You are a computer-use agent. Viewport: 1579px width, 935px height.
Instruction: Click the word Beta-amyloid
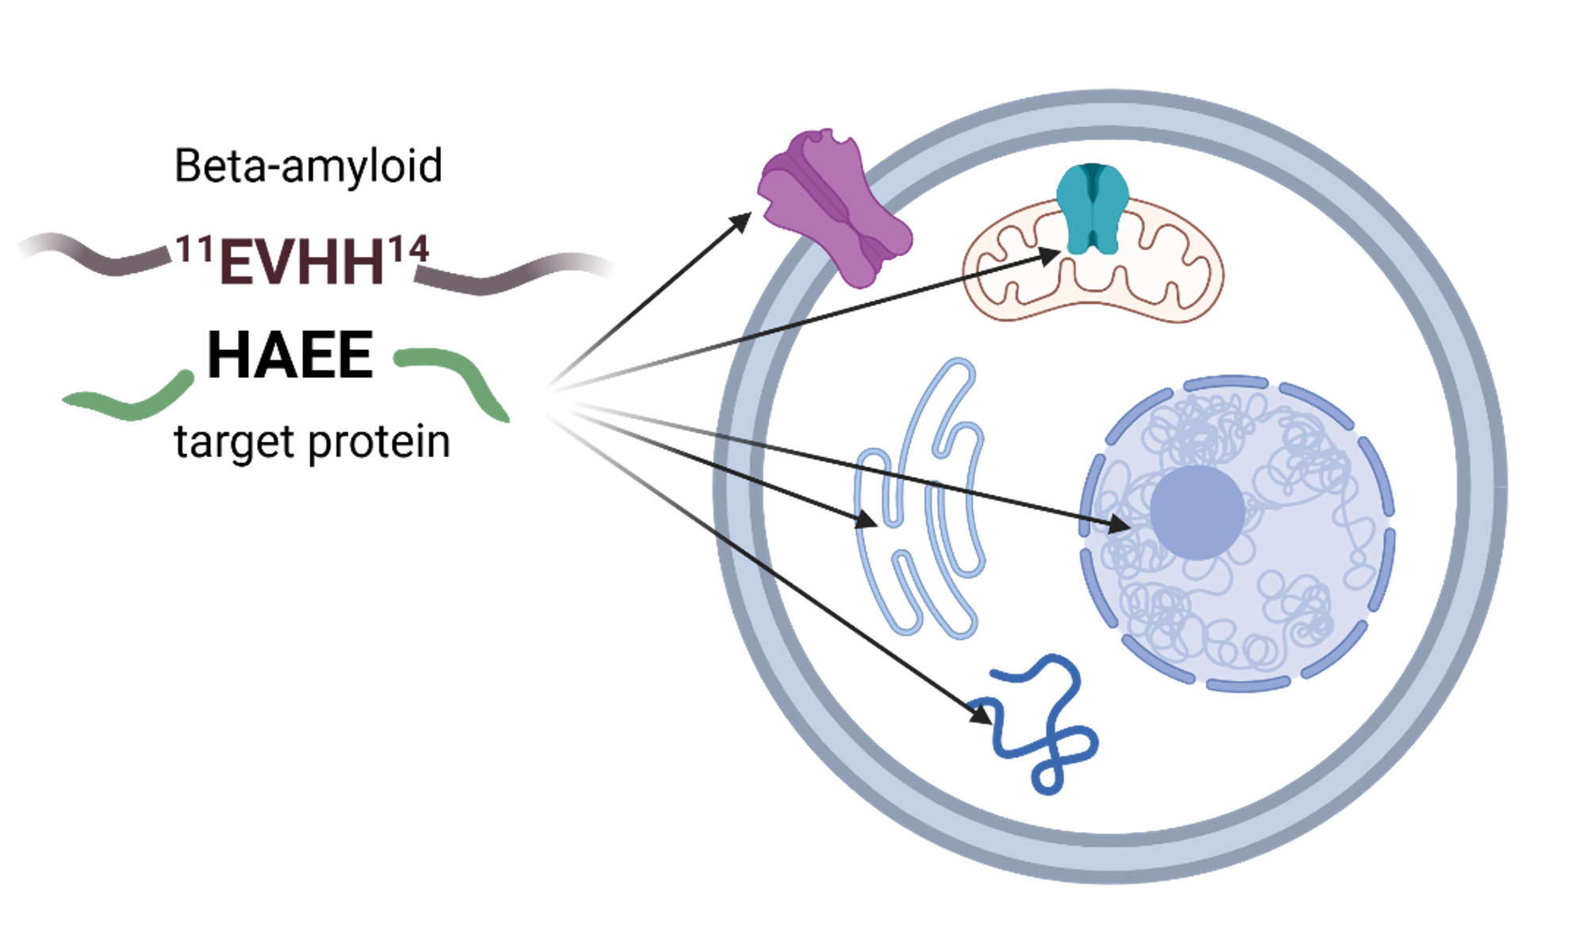pos(308,166)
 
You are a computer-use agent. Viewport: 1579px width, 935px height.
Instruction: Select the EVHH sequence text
pos(302,262)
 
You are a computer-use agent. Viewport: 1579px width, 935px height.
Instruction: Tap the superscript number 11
pos(194,249)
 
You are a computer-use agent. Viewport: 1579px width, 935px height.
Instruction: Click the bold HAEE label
pos(290,356)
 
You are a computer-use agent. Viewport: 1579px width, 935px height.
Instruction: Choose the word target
pos(234,442)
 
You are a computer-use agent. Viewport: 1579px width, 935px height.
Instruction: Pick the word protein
pos(379,442)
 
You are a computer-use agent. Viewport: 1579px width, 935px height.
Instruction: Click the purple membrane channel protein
pos(833,208)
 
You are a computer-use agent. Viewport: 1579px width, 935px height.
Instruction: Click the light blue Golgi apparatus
pos(920,500)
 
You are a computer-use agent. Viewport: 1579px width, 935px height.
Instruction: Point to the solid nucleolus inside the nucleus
pos(1197,512)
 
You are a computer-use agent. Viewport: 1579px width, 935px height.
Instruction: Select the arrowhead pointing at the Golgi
pos(866,520)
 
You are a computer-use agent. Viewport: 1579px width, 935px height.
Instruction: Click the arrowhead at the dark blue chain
pos(982,714)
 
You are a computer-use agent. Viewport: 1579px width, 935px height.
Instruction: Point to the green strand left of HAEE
pos(131,401)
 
